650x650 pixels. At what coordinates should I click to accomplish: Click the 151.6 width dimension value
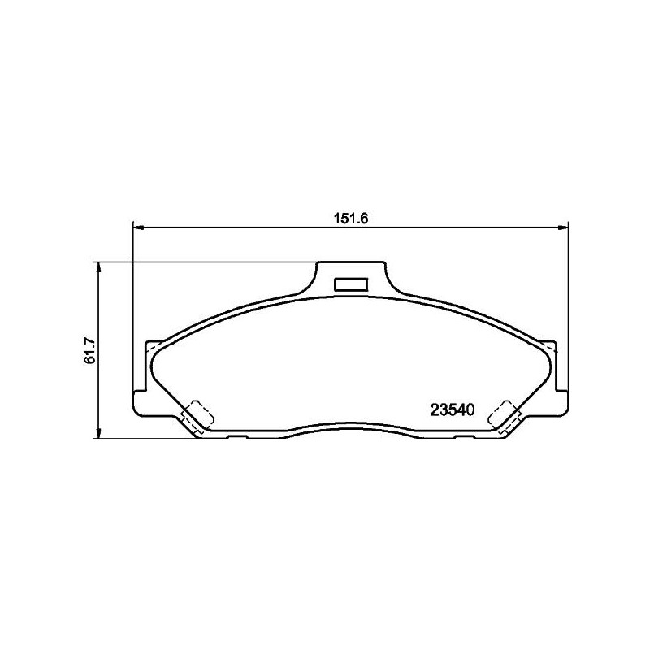point(351,219)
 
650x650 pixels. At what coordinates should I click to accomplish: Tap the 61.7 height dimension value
point(89,351)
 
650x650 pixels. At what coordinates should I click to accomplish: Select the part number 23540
point(453,410)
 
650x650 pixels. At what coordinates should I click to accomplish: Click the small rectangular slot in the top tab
point(351,284)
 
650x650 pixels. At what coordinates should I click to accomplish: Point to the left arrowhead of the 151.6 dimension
point(138,227)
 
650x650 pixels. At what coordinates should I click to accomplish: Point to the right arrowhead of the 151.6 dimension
point(563,227)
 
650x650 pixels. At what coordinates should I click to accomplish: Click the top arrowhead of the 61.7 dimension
point(98,267)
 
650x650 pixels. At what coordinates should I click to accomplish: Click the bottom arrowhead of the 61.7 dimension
point(98,433)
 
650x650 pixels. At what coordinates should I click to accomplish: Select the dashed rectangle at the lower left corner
point(198,415)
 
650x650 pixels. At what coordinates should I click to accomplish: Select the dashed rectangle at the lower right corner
point(505,415)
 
